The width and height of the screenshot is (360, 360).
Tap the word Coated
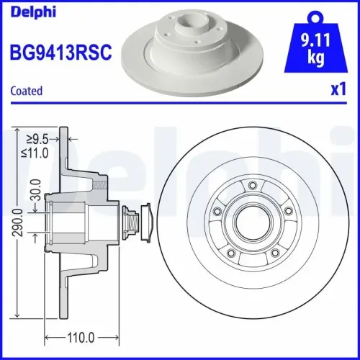pyautogui.click(x=26, y=91)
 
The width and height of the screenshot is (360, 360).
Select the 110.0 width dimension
pyautogui.click(x=81, y=336)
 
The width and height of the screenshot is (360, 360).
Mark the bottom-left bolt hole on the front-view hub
pyautogui.click(x=230, y=253)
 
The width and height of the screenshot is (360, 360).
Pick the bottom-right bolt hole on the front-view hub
pyautogui.click(x=276, y=253)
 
